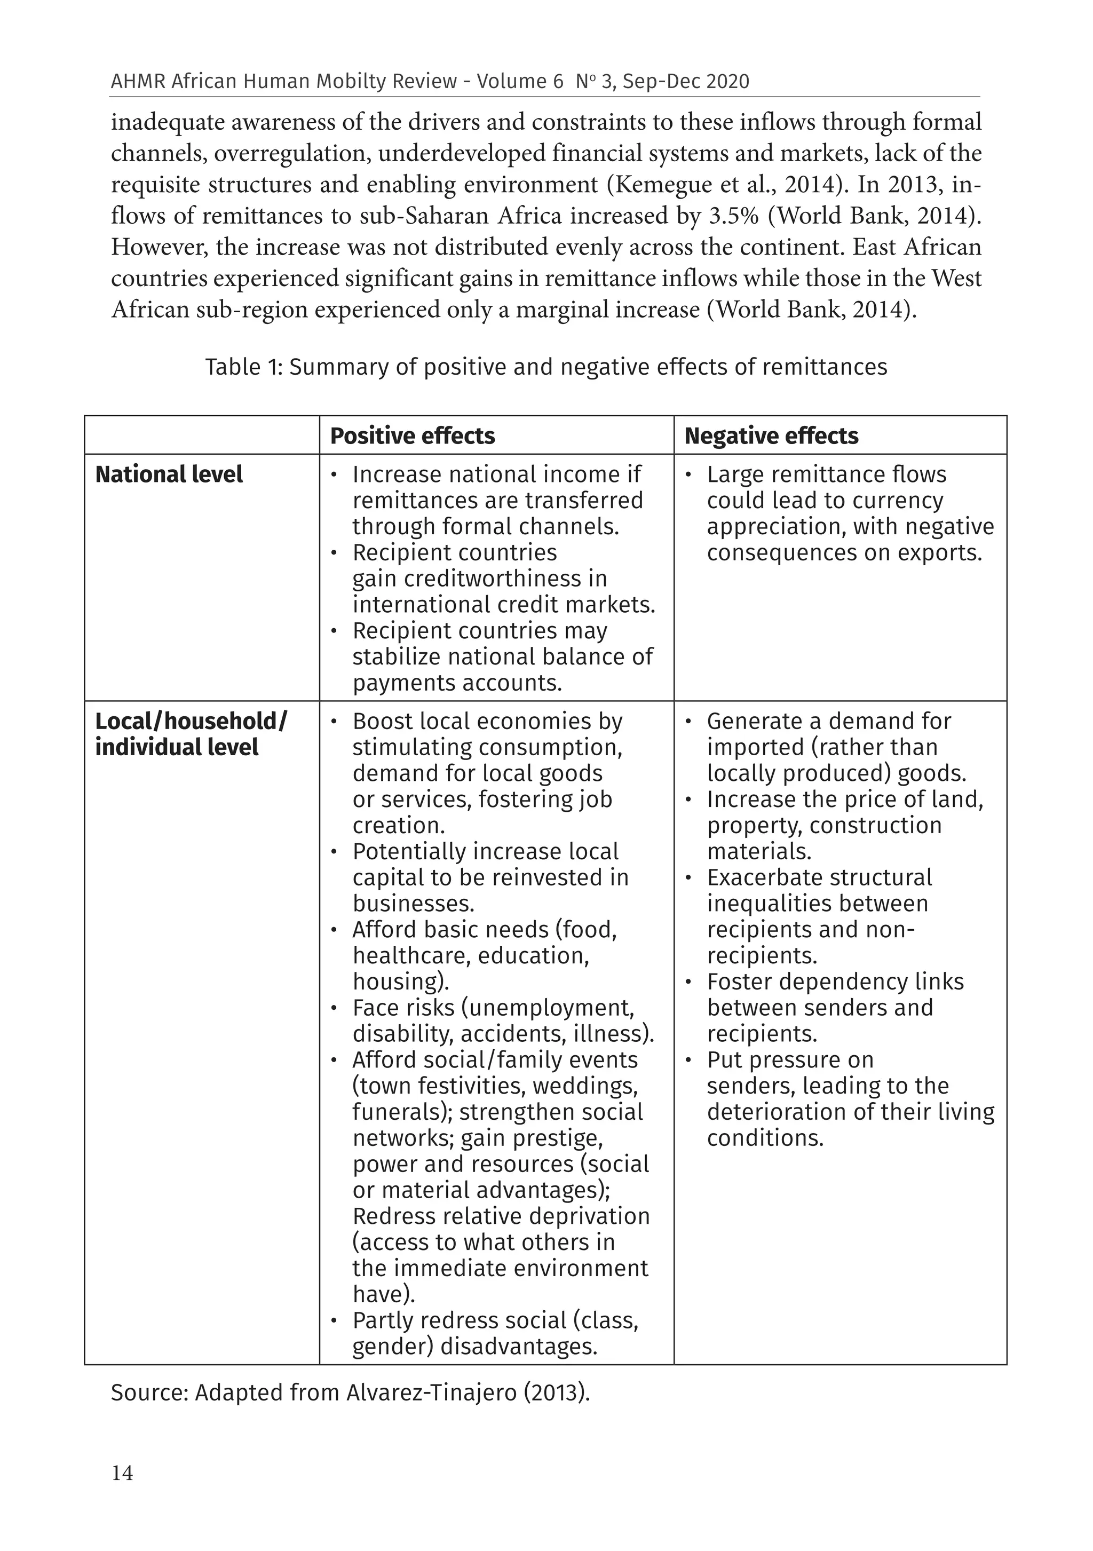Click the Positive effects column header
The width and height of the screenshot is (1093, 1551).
[x=412, y=436]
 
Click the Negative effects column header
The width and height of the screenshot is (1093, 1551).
[x=771, y=436]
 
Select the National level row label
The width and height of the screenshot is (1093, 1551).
[x=169, y=474]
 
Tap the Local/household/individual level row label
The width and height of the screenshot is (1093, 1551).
[x=191, y=734]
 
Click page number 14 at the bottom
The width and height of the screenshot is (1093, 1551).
[x=122, y=1473]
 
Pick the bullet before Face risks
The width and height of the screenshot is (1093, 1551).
[x=334, y=1009]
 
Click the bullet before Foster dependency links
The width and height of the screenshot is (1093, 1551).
[x=688, y=982]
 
